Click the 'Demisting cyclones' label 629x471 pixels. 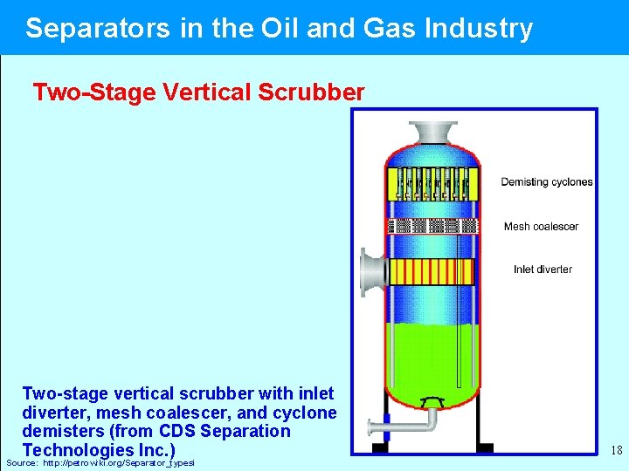click(546, 182)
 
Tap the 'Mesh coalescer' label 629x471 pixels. click(541, 227)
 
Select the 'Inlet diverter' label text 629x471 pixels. click(543, 270)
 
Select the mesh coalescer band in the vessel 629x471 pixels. click(432, 226)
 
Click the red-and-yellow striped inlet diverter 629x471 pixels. click(432, 272)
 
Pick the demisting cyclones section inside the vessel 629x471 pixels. click(432, 183)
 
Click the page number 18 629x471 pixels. click(616, 451)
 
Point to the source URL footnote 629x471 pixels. click(100, 462)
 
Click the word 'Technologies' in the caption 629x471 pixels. click(79, 450)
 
